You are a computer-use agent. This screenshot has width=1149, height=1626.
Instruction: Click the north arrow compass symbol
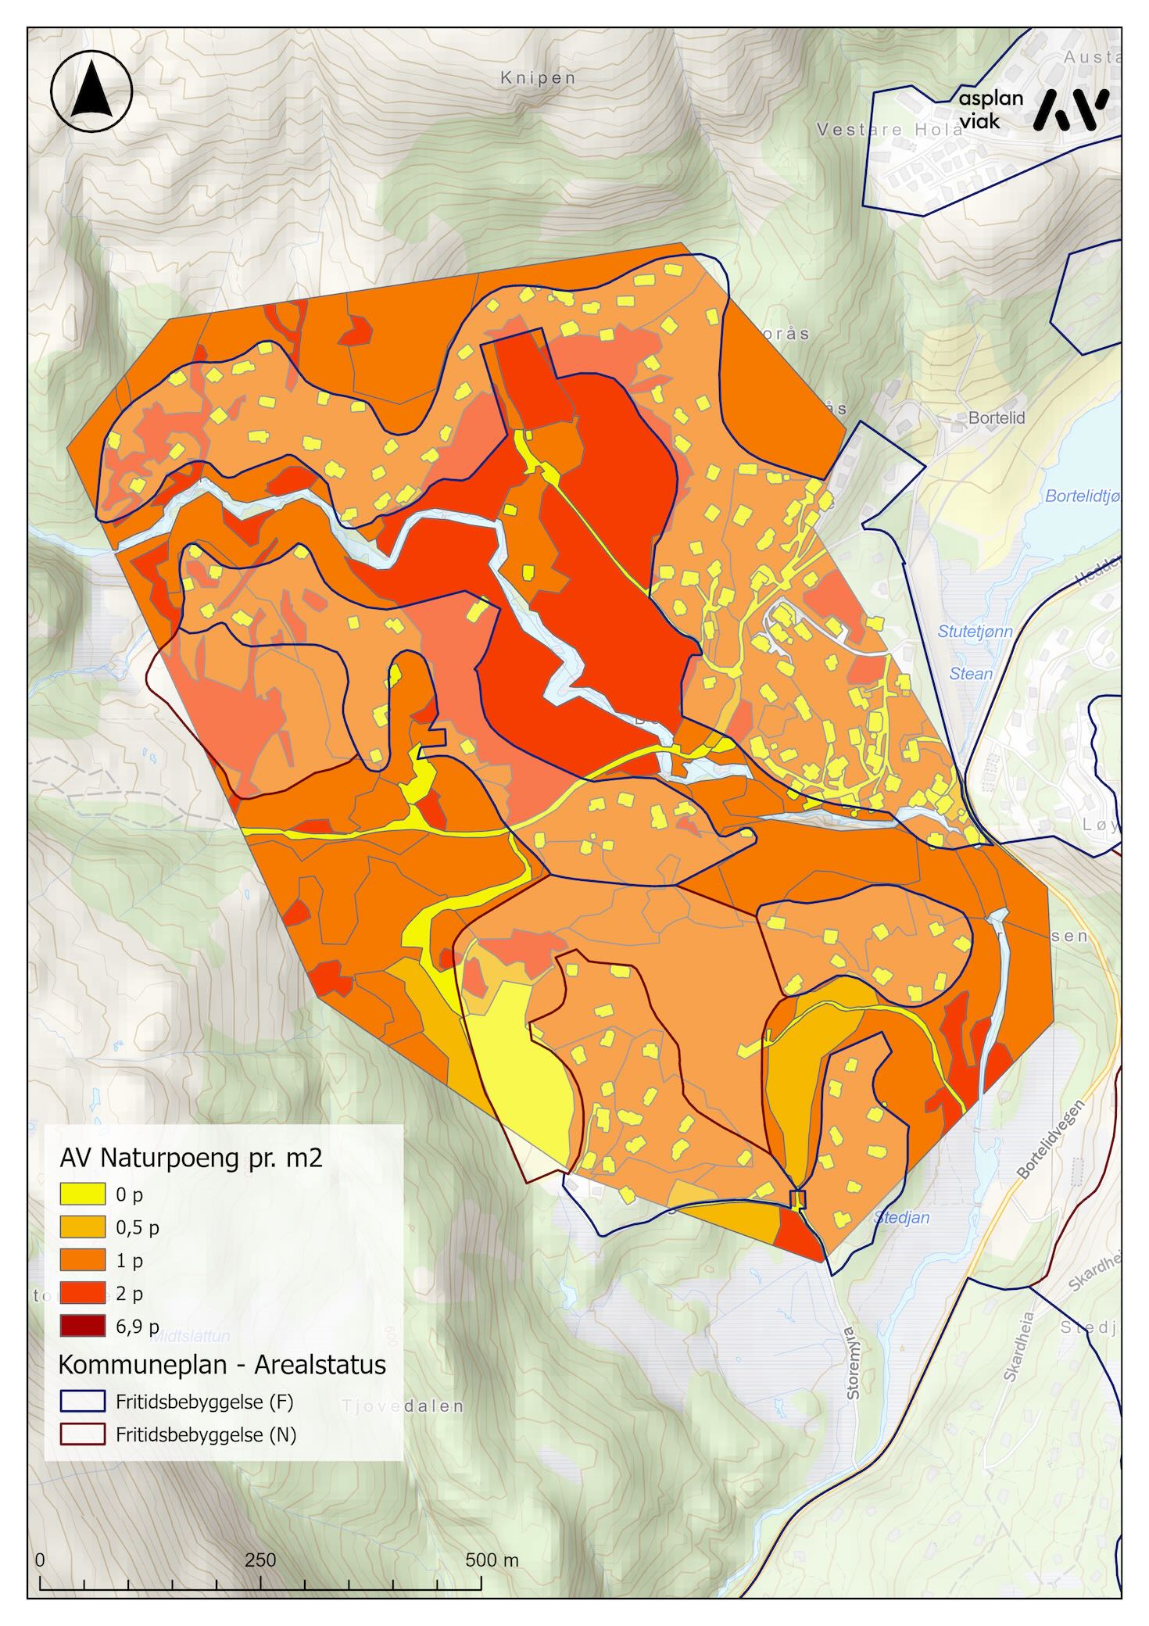[91, 91]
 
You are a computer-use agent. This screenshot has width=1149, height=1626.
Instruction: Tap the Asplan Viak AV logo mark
[1070, 109]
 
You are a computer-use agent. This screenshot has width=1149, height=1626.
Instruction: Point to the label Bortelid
[996, 418]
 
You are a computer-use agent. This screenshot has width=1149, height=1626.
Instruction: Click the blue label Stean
[971, 673]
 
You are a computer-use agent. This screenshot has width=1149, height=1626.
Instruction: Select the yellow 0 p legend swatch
[82, 1194]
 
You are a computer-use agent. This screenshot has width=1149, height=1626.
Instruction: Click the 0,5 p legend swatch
[82, 1227]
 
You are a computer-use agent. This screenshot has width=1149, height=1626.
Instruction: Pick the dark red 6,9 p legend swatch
[82, 1326]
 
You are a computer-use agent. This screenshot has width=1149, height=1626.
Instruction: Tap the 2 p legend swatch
[82, 1293]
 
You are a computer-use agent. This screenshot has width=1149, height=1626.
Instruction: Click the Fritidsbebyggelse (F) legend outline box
[82, 1402]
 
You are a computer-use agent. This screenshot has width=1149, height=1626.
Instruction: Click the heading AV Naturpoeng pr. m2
[191, 1159]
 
